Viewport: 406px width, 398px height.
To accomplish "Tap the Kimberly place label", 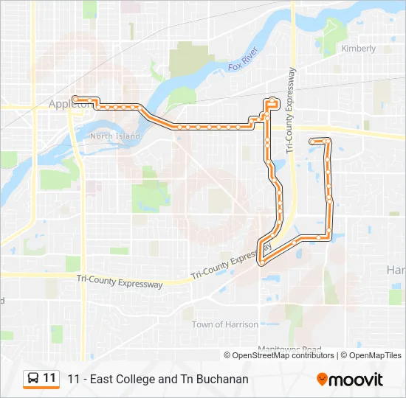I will tap(358, 49).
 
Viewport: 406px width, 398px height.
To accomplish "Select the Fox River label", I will tap(242, 59).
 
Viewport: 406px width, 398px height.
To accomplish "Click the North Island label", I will tap(114, 136).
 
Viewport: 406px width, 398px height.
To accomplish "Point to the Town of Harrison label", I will tap(225, 324).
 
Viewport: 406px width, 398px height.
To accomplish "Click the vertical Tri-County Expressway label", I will tap(292, 111).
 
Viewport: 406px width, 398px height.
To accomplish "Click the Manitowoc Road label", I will tap(289, 349).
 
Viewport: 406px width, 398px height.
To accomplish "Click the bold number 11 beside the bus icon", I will tap(49, 378).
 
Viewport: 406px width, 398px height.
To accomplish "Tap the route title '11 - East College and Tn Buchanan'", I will tap(158, 379).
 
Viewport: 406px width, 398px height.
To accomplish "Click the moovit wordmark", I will tap(357, 380).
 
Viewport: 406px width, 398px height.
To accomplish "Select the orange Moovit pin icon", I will tap(322, 379).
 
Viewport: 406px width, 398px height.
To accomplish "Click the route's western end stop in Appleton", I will tap(75, 98).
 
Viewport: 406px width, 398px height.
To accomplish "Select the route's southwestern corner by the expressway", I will tap(261, 259).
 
